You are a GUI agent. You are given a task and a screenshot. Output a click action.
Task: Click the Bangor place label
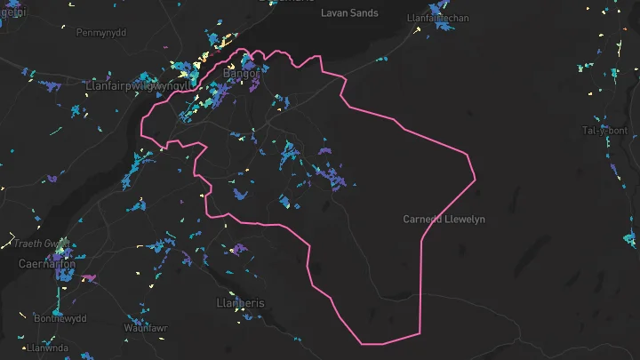[239, 75]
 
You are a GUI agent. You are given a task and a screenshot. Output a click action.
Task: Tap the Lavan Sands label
[351, 13]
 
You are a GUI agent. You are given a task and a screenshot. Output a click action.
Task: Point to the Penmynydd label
[103, 33]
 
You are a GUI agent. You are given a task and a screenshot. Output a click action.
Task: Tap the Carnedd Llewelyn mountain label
[444, 219]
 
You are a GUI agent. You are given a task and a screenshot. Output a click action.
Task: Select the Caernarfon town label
[47, 264]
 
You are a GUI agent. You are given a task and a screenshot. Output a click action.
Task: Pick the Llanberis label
[241, 303]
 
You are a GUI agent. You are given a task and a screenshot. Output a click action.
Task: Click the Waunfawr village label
[146, 328]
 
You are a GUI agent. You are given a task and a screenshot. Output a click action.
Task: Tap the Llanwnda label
[48, 348]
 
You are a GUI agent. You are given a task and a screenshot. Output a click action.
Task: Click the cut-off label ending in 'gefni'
[12, 12]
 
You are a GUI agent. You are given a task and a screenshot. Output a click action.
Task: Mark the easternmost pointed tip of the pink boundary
[476, 178]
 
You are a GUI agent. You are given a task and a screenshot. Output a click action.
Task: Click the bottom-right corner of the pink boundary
[419, 335]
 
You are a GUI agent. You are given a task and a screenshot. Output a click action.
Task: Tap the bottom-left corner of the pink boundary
[361, 342]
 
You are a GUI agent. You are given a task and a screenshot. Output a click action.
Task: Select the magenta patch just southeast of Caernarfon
[89, 277]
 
